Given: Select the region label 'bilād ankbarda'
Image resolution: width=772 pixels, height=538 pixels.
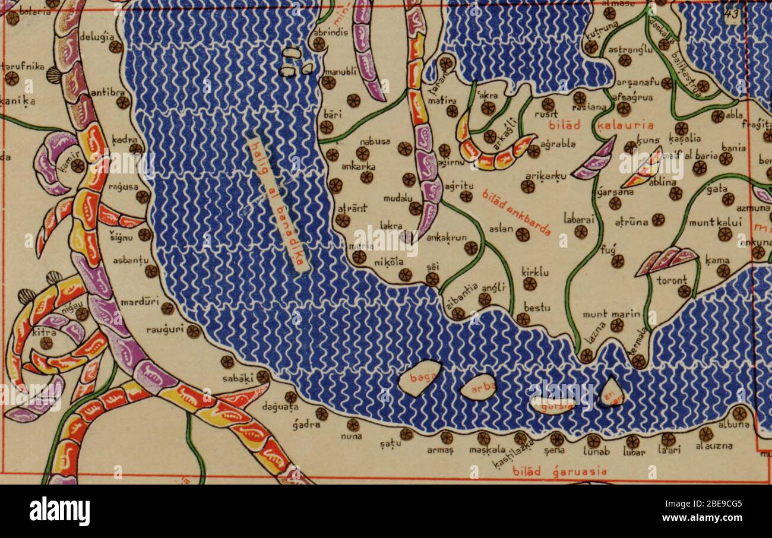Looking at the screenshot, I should [516, 213].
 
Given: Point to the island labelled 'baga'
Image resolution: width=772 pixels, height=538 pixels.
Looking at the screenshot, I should [419, 378].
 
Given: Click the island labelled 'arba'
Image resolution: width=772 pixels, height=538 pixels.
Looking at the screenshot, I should [478, 387].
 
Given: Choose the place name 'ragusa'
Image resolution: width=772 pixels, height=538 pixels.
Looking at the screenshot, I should [123, 187].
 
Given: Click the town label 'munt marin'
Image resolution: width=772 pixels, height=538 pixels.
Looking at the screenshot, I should [603, 314].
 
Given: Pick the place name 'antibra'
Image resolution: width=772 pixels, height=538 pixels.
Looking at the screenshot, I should [107, 92].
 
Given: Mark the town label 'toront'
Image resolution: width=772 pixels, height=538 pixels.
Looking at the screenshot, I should [672, 279].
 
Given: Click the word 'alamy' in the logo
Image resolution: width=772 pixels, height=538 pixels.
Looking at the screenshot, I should [59, 511].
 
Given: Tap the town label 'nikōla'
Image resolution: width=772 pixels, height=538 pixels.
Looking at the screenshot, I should [389, 262].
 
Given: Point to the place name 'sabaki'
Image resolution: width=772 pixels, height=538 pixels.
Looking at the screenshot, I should [238, 377].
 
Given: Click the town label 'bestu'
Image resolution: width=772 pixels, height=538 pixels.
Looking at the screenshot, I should [537, 308].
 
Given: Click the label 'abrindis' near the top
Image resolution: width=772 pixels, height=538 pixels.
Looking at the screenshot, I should [331, 33].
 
